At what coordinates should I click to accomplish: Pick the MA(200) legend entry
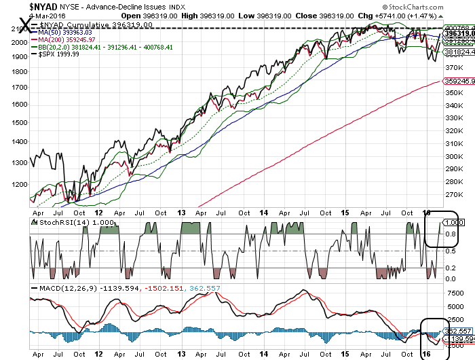coord(66,39)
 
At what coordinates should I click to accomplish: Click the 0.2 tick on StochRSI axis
coord(451,268)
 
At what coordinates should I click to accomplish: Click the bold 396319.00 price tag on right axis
coord(459,33)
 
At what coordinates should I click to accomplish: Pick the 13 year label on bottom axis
coord(181,355)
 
